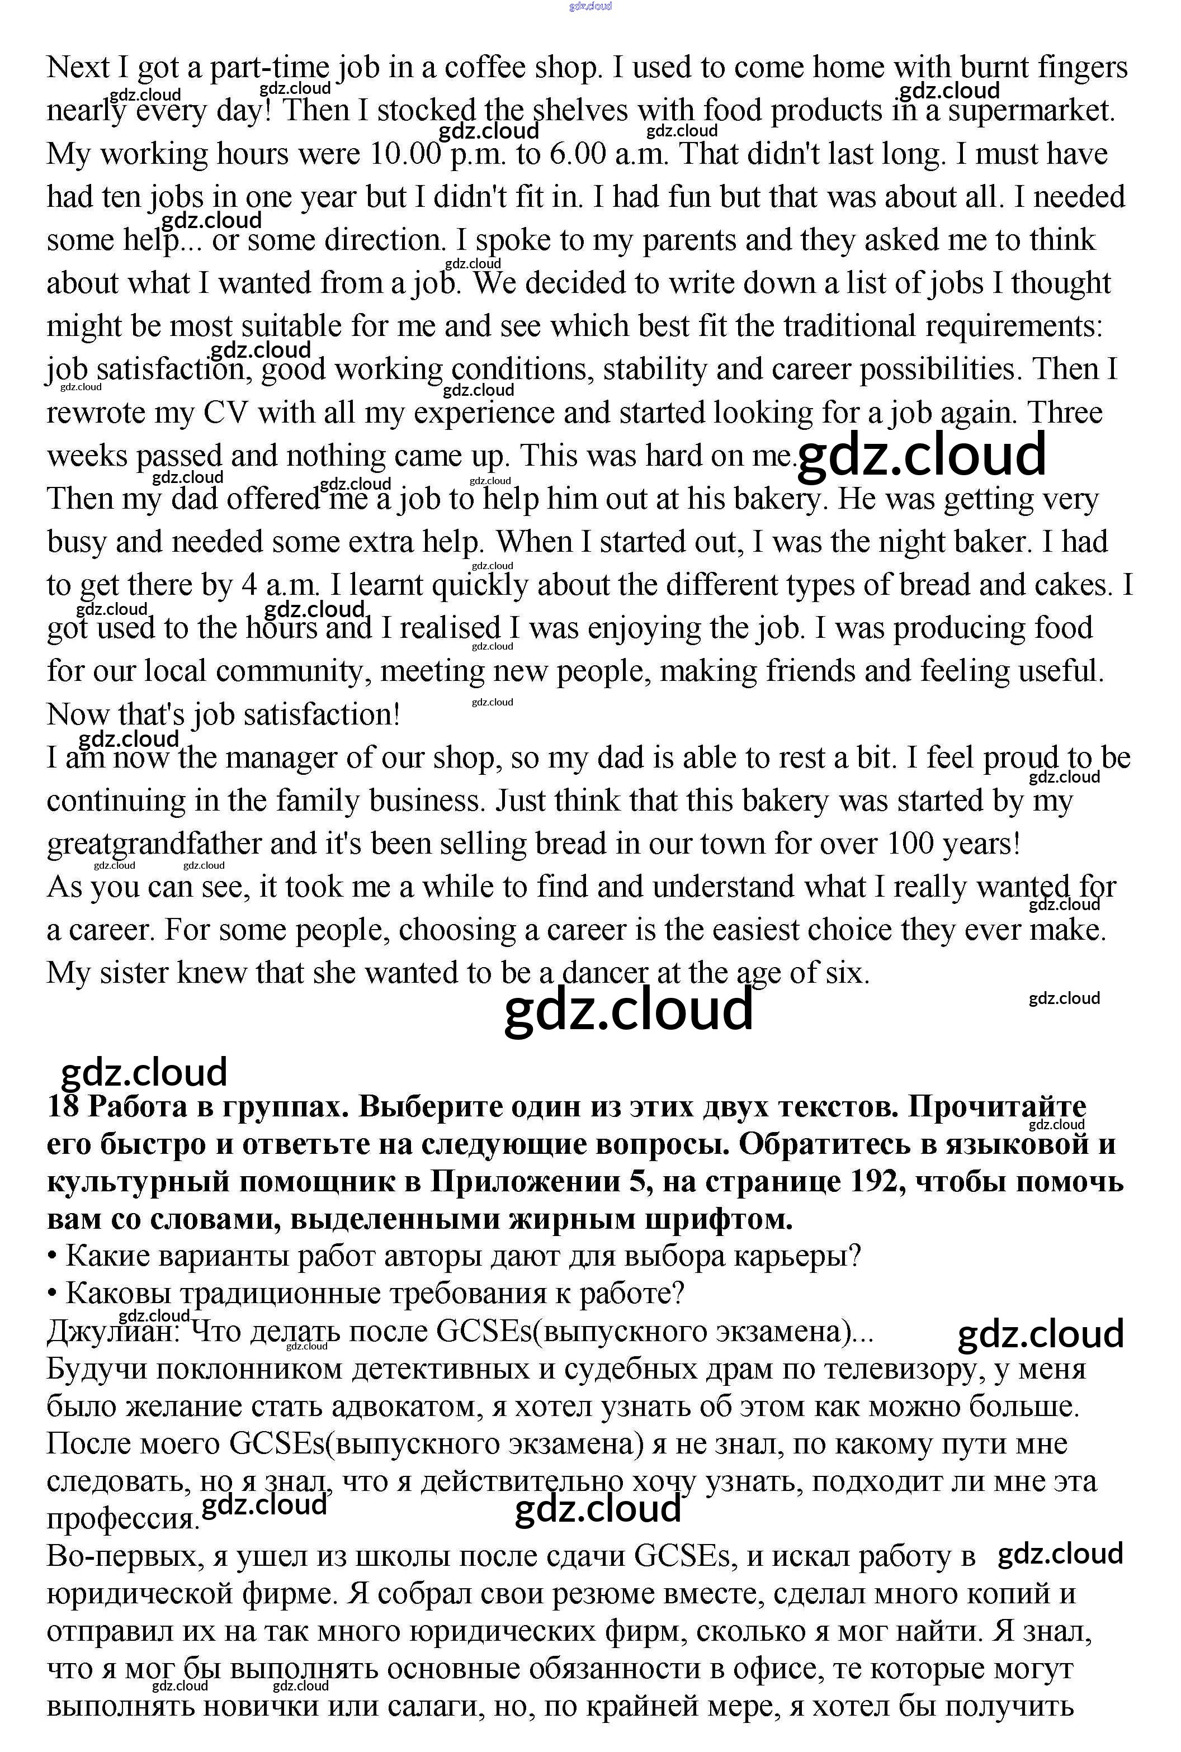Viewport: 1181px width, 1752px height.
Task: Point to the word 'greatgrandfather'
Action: (154, 844)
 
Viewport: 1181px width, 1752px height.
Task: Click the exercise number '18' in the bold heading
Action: (63, 1107)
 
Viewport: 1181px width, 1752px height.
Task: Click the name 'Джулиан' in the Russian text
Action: (112, 1331)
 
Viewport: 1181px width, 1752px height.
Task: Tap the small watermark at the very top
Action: (590, 6)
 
